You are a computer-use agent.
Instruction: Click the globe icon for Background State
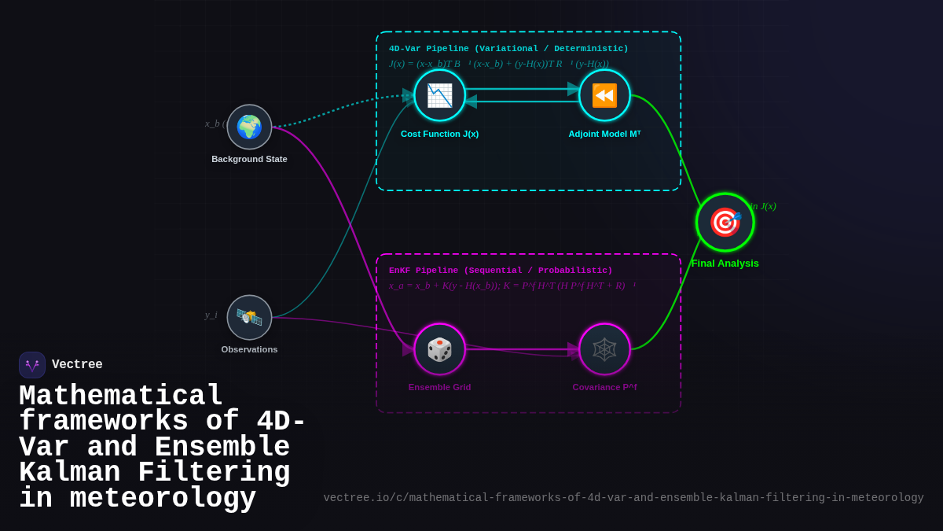(x=249, y=127)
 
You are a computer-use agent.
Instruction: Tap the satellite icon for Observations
(x=249, y=317)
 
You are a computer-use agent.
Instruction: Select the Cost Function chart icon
(x=439, y=95)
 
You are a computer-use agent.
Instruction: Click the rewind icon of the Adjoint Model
(x=604, y=95)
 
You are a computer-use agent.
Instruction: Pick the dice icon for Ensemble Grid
(x=439, y=349)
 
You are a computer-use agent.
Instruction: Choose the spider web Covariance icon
(x=604, y=349)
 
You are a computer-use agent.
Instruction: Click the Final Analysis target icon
(x=725, y=222)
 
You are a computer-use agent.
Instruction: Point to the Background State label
(x=249, y=159)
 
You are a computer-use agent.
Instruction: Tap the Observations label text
(x=249, y=349)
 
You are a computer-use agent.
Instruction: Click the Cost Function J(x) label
(x=439, y=134)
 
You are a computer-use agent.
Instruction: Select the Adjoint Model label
(x=604, y=134)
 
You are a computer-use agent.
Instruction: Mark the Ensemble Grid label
(x=439, y=387)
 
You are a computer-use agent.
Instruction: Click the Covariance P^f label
(x=604, y=387)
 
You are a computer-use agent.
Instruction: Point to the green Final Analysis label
(x=725, y=264)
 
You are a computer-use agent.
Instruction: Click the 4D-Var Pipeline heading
(x=508, y=49)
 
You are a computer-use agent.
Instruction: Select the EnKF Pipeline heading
(x=501, y=271)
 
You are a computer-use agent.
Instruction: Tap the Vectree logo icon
(x=32, y=365)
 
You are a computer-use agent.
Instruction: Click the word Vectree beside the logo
(x=77, y=365)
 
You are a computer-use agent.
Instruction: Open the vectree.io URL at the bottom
(x=623, y=498)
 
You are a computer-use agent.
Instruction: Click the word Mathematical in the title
(x=121, y=396)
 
